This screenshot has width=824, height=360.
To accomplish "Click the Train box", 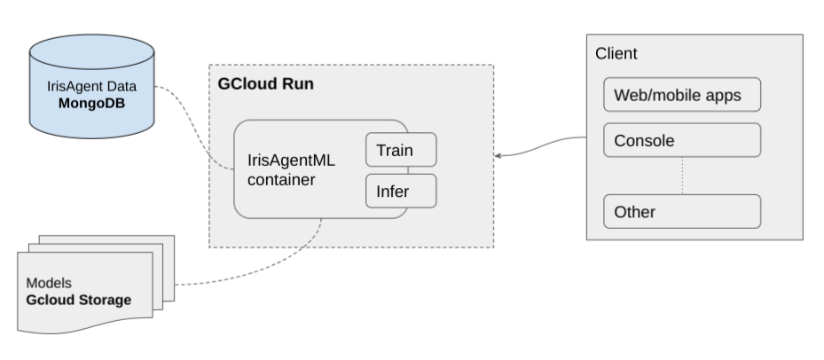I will (x=402, y=150).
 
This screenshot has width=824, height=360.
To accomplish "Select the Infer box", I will (x=402, y=190).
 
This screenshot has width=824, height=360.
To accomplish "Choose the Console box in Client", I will (x=682, y=140).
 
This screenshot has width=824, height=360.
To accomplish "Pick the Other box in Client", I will (x=682, y=212).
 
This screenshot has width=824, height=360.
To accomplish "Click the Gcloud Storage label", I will (x=78, y=300).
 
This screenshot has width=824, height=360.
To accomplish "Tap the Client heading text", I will (x=616, y=54).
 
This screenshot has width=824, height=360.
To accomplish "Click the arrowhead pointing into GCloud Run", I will (x=499, y=156).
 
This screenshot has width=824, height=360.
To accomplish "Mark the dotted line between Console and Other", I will (x=682, y=176).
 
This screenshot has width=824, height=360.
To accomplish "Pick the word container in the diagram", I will (x=282, y=180).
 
